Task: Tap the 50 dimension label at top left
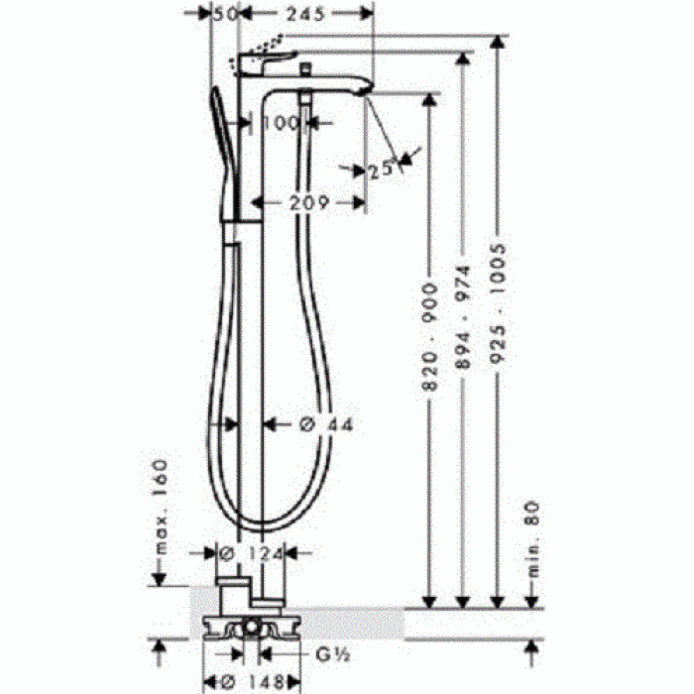tap(227, 16)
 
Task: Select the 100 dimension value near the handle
tap(284, 123)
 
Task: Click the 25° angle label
tap(382, 170)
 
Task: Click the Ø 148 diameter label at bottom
tap(247, 681)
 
